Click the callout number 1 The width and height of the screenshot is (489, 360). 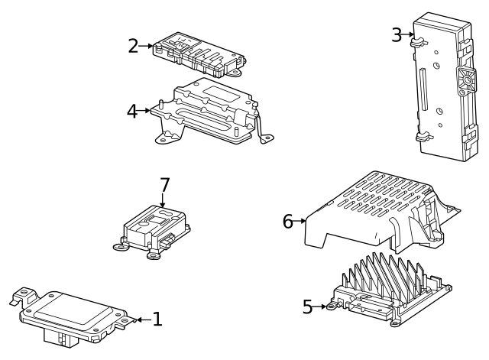157,319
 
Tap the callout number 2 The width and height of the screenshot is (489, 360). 133,46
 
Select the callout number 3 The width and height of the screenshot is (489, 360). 397,34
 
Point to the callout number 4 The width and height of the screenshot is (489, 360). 133,111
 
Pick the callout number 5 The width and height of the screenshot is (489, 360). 307,307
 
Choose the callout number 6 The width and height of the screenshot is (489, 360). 288,222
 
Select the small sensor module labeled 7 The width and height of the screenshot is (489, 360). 157,225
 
